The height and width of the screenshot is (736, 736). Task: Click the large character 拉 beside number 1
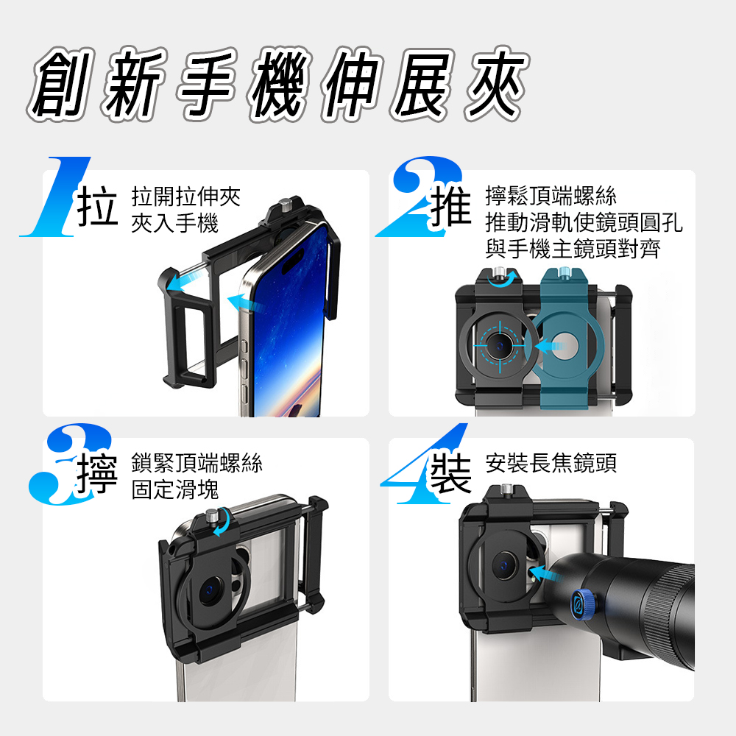(x=97, y=206)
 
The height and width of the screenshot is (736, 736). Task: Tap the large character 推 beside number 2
(x=450, y=206)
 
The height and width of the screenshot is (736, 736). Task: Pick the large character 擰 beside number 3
(x=97, y=474)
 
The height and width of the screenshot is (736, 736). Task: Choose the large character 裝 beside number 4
(x=450, y=473)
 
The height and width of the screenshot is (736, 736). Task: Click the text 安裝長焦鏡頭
(x=551, y=463)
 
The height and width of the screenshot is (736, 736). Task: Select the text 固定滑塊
(x=175, y=489)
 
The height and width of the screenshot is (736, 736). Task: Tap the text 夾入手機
(x=175, y=223)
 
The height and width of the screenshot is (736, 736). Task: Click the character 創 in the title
(x=61, y=84)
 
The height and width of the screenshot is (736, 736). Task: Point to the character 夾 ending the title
(x=497, y=84)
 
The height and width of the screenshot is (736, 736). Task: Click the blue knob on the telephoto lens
(x=582, y=604)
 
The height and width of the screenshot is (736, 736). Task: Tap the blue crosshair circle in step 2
(x=500, y=346)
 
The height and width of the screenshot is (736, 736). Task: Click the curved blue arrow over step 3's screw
(x=222, y=522)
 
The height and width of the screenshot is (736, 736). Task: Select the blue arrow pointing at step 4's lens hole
(x=545, y=573)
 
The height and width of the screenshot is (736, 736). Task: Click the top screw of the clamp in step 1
(x=284, y=205)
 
